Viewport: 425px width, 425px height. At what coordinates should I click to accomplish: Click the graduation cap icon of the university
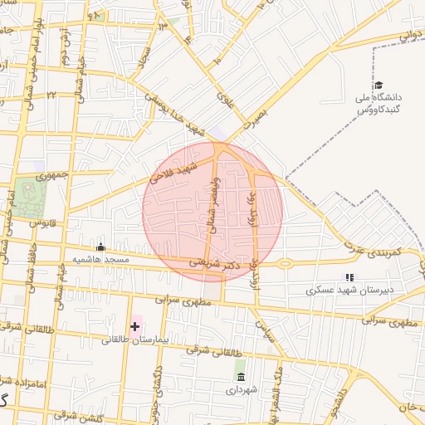379,85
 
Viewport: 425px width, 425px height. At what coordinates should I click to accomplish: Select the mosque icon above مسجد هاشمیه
101,247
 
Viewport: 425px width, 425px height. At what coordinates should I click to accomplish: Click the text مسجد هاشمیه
101,260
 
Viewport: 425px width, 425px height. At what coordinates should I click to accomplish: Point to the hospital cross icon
134,326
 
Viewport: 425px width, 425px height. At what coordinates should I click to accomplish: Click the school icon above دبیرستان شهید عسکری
349,277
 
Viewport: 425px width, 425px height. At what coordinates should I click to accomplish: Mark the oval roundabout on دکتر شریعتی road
285,264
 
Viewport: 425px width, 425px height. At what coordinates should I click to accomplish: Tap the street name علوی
224,100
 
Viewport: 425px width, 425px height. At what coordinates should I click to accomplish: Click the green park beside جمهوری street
29,196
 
